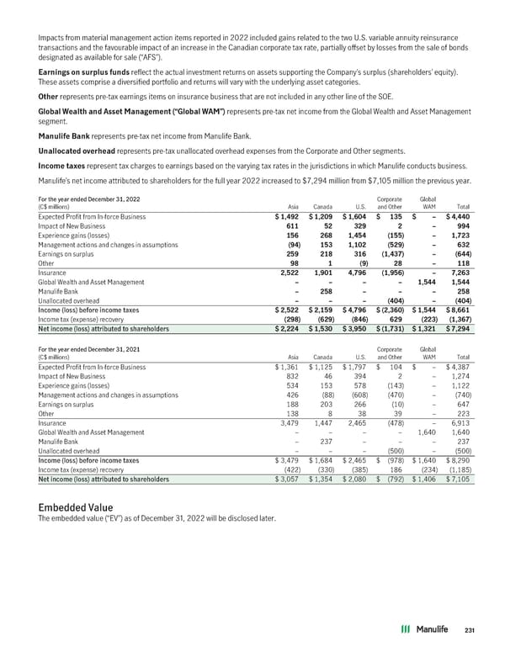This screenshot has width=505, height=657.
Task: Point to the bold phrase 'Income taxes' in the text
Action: pyautogui.click(x=61, y=166)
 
